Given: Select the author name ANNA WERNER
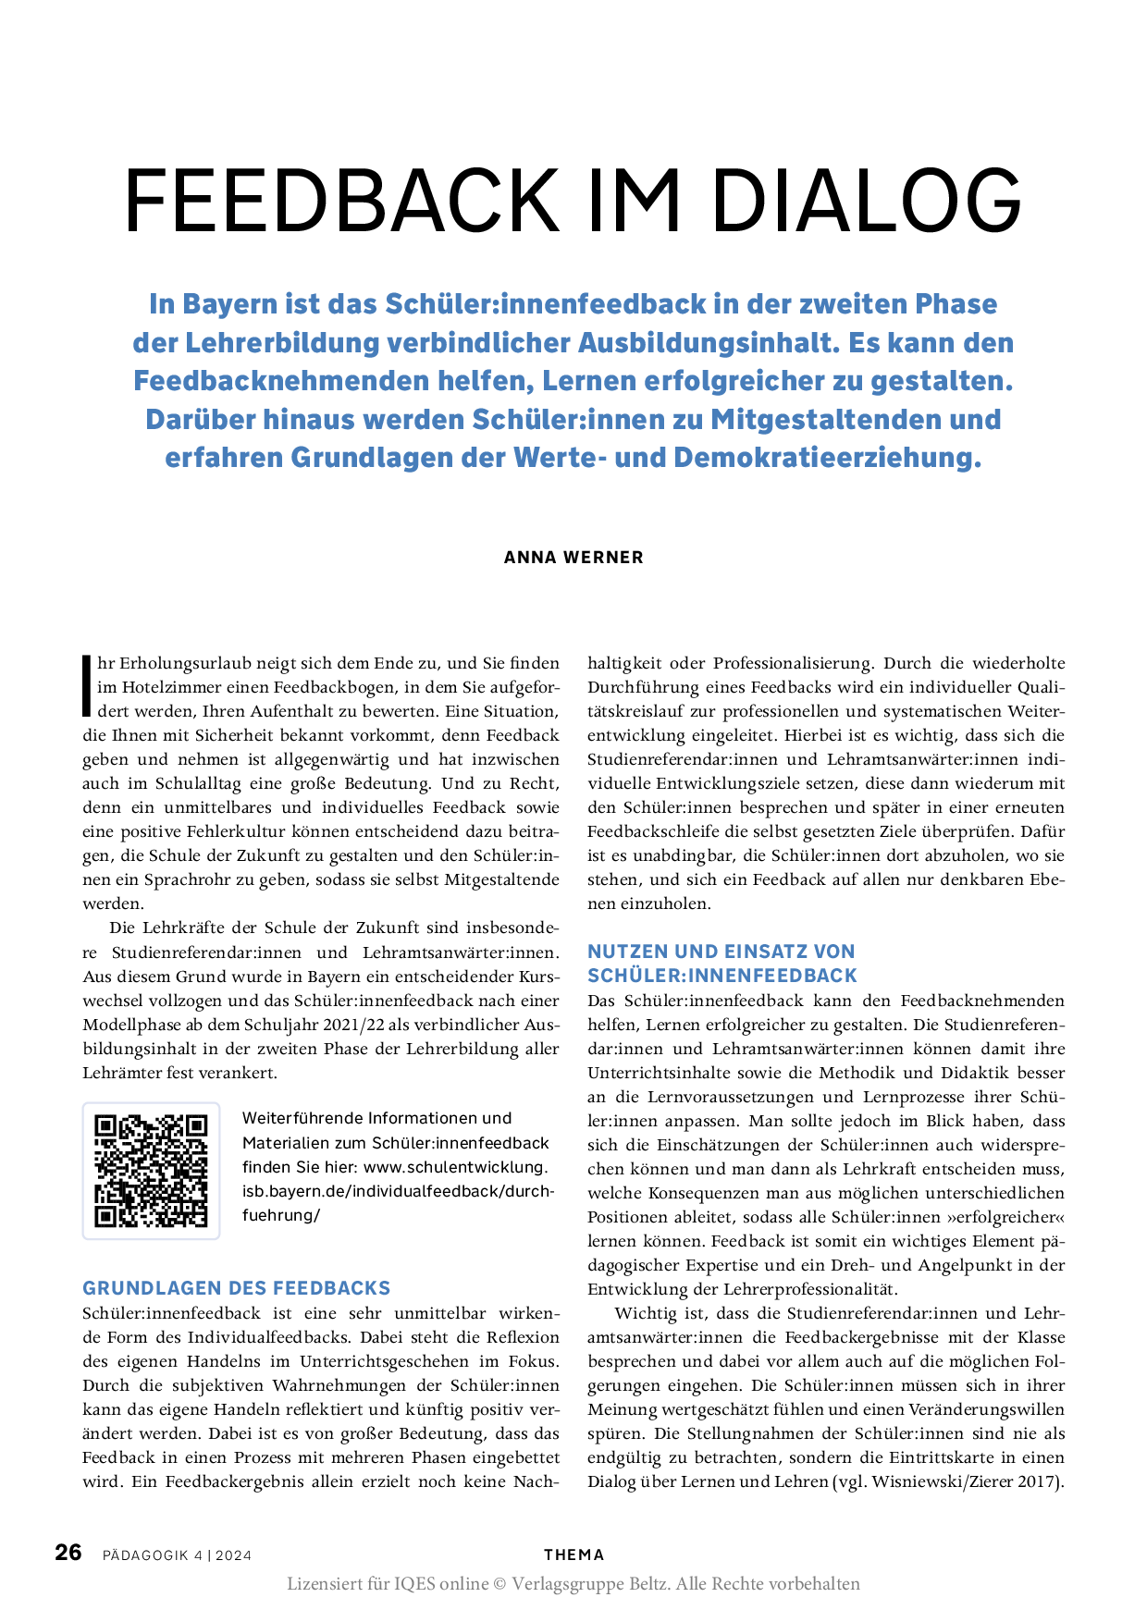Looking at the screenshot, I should tap(573, 558).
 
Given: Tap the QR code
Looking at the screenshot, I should tap(152, 1170).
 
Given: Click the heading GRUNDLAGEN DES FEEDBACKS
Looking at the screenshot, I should tap(237, 1288).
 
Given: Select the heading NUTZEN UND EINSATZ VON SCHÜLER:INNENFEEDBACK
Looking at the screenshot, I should tap(721, 964).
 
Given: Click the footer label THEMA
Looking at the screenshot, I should tap(573, 1554).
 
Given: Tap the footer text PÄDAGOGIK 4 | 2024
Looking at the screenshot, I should tap(178, 1555).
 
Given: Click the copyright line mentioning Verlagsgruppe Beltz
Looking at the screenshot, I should tap(573, 1584).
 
